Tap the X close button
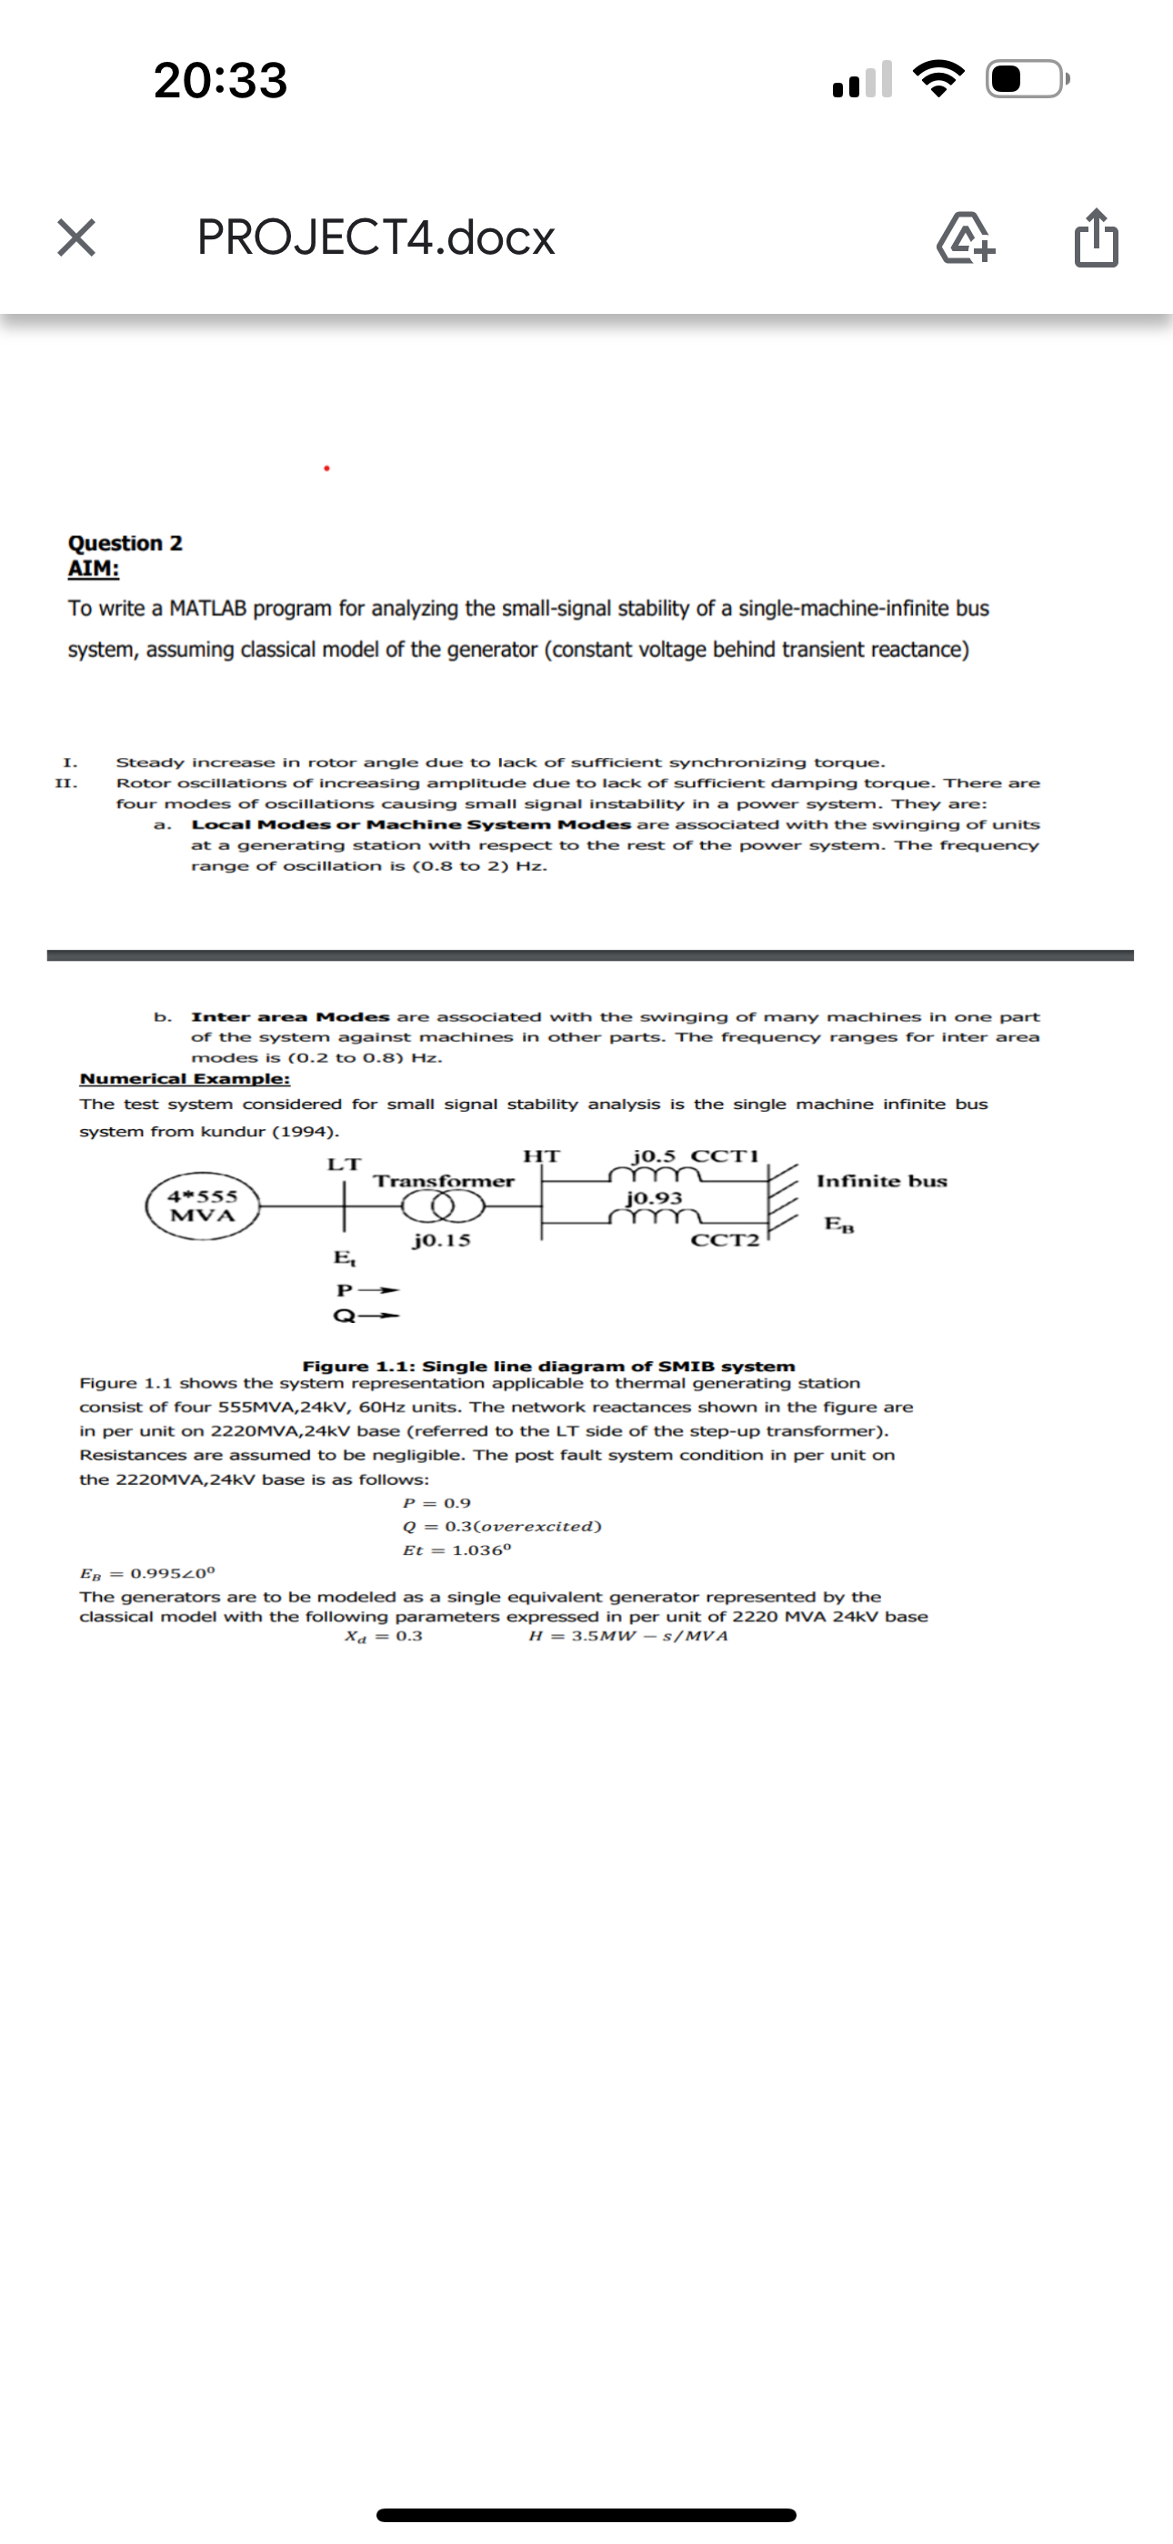click(76, 238)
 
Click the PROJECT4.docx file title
click(376, 238)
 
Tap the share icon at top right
click(1096, 239)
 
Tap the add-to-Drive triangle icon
click(966, 239)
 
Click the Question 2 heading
click(125, 543)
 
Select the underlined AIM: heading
click(94, 569)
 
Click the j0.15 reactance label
click(441, 1240)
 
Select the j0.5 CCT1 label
click(695, 1156)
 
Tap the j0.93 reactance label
click(655, 1198)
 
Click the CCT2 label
click(726, 1240)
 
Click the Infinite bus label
click(882, 1181)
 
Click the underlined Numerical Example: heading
click(185, 1079)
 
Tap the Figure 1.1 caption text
click(548, 1367)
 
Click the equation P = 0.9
click(437, 1503)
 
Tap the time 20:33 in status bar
click(221, 80)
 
